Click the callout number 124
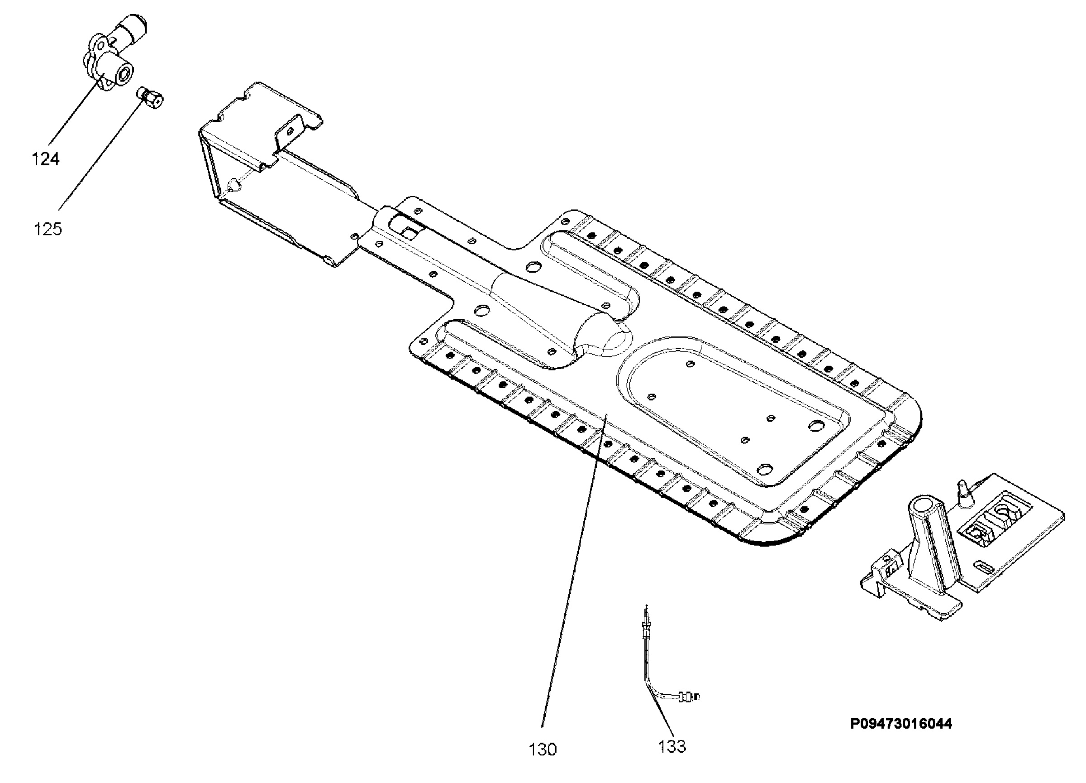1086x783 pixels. click(x=46, y=159)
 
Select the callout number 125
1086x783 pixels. click(x=48, y=229)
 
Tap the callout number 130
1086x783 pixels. click(x=543, y=749)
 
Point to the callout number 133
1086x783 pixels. click(x=672, y=746)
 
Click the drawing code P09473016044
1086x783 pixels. click(x=901, y=724)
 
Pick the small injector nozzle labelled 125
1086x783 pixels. click(x=150, y=98)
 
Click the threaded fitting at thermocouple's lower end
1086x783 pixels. click(x=689, y=696)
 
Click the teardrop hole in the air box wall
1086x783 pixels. click(x=233, y=184)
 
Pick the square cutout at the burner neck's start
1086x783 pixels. click(x=410, y=233)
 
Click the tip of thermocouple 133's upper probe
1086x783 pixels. click(x=647, y=605)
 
